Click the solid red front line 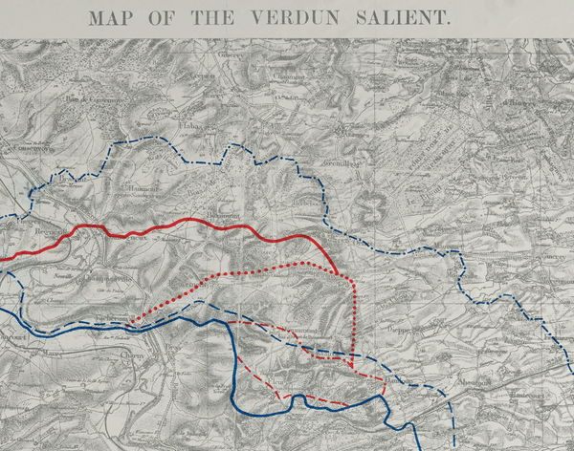pos(191,225)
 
